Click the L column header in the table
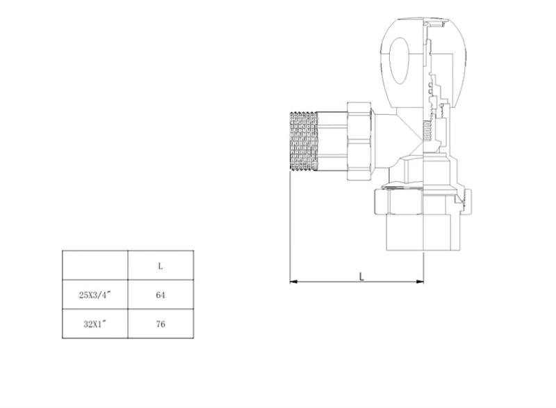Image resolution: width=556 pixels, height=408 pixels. click(x=161, y=265)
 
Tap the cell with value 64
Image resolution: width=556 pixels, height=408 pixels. click(x=161, y=295)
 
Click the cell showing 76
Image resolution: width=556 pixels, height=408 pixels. click(x=161, y=324)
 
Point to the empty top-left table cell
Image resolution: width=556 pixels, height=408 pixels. click(x=95, y=265)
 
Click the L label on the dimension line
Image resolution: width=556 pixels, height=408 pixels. click(x=361, y=276)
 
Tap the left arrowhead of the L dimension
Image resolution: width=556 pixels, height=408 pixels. click(x=293, y=281)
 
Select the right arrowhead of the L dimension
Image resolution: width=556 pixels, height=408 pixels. click(x=420, y=281)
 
